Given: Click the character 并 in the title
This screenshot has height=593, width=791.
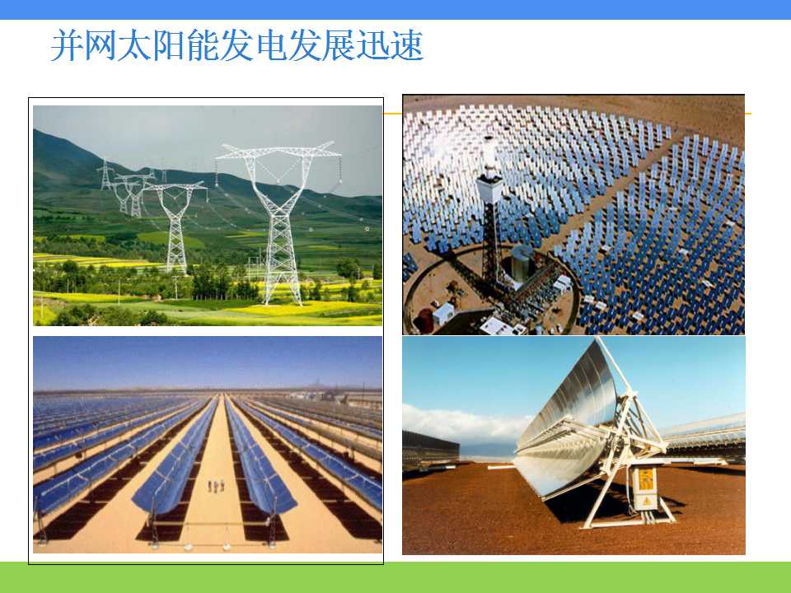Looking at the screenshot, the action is [x=67, y=45].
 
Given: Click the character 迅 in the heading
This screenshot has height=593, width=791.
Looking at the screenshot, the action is [x=373, y=45].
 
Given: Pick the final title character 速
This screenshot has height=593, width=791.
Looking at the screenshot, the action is [x=407, y=45].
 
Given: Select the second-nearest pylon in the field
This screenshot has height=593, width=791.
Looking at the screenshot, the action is [x=175, y=227].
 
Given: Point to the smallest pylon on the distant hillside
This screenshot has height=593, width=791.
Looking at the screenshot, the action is [x=105, y=175].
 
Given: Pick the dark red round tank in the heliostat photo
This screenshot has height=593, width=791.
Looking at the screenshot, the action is [x=424, y=320].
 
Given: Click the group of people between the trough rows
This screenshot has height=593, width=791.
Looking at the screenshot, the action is [x=216, y=486].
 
